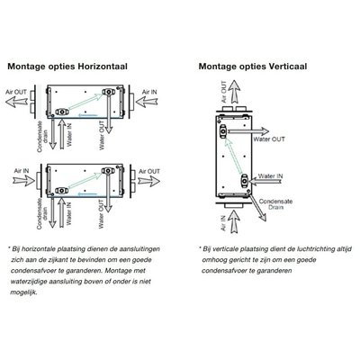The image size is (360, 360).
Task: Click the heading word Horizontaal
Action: click(103, 67)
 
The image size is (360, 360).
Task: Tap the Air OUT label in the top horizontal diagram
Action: click(16, 92)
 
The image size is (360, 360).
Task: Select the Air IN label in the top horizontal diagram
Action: click(149, 92)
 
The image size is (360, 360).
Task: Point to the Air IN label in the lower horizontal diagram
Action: click(22, 171)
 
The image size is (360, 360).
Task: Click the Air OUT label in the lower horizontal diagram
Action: click(149, 171)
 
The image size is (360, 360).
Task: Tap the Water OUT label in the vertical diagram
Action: click(269, 139)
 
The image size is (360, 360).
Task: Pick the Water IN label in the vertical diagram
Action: click(270, 176)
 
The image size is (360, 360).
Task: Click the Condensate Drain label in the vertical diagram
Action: click(275, 204)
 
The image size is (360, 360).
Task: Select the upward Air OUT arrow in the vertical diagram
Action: click(234, 92)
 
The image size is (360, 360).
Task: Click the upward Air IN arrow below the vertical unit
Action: click(234, 221)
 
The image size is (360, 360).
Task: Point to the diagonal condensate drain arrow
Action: click(257, 208)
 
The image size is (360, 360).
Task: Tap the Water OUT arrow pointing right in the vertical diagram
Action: click(248, 131)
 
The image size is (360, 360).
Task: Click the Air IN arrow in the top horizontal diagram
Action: click(147, 102)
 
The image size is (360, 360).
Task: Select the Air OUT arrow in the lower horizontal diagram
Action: click(148, 181)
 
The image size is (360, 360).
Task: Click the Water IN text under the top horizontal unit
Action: click(69, 134)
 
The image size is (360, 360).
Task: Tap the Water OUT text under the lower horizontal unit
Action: click(102, 214)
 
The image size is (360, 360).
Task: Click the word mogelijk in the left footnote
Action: click(24, 292)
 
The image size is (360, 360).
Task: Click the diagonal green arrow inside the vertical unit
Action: click(233, 157)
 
